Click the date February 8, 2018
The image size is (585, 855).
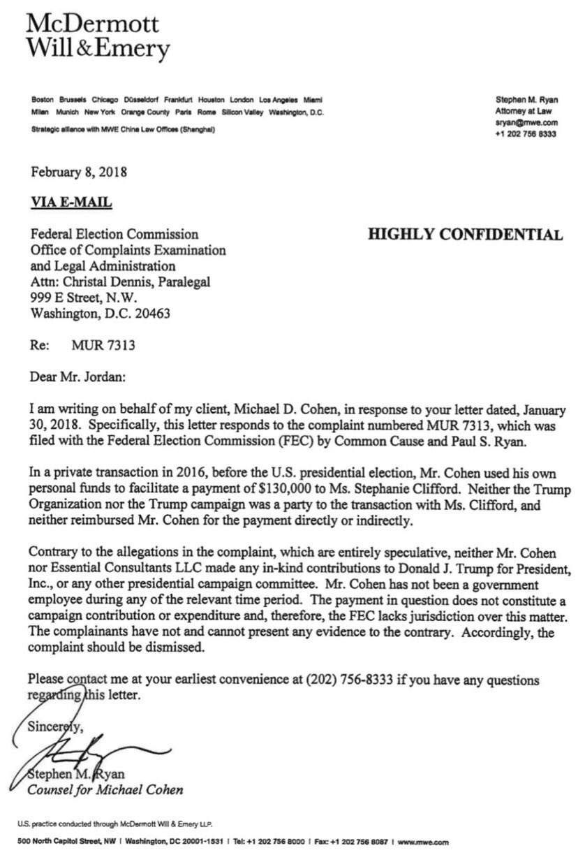point(78,170)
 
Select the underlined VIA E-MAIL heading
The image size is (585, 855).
point(71,203)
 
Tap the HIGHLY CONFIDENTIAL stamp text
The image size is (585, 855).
point(465,235)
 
